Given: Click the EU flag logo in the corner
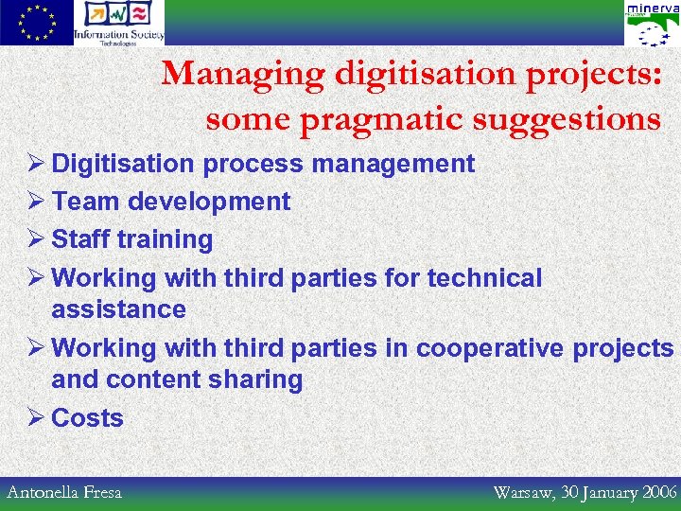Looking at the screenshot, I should tap(36, 23).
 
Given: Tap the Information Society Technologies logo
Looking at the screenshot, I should tap(119, 23).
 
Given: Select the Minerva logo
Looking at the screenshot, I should tap(652, 24).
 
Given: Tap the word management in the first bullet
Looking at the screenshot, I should tap(393, 164).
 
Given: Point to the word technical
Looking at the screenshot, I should tap(485, 278).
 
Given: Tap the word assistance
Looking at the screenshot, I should tap(119, 309).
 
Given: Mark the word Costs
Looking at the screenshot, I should tap(88, 418).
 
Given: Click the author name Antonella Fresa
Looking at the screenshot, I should tap(64, 492).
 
